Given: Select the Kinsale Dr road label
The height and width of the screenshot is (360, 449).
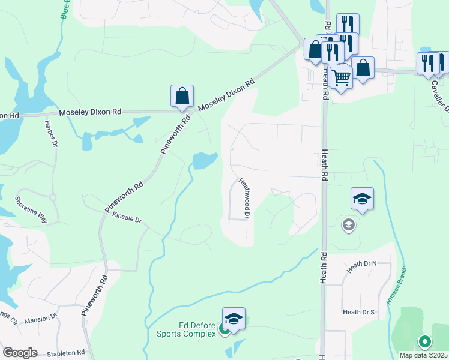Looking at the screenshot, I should point(127,220).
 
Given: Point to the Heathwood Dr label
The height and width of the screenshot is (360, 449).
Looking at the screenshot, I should point(244,197).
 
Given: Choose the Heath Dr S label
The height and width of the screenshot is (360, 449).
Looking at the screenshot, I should point(358,312).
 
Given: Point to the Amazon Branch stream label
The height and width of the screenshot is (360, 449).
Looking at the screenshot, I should point(396,286).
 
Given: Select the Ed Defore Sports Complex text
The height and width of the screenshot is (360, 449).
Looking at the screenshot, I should point(186,330).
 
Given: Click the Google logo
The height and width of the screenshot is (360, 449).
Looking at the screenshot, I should point(20,353).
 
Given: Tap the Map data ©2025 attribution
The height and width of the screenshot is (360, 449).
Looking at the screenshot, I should point(424,355).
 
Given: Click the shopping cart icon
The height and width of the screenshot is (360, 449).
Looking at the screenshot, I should point(341,77).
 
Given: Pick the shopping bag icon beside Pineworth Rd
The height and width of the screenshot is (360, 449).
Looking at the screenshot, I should point(182,96).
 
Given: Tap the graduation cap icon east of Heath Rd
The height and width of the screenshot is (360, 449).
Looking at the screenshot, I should point(362,199).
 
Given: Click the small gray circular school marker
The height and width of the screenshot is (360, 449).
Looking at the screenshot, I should point(348,225).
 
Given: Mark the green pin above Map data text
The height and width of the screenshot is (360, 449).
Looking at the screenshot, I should point(424,343).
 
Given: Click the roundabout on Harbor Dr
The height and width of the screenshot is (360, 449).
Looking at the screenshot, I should point(52,196).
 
